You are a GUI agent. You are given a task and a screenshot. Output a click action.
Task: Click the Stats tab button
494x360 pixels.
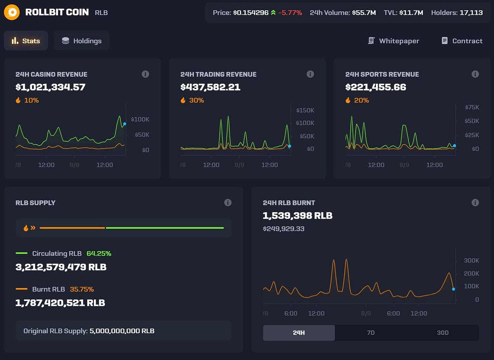26,41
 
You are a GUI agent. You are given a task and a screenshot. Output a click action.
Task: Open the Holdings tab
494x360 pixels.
82,41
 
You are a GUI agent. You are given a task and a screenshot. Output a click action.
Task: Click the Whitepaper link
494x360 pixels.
394,41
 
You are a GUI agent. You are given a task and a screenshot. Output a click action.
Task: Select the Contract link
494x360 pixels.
462,41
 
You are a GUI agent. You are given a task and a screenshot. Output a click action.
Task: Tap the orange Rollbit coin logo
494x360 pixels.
12,12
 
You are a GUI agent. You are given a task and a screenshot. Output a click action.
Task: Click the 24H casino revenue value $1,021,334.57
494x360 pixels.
50,87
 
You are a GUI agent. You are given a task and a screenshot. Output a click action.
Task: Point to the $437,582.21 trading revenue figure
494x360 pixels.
210,87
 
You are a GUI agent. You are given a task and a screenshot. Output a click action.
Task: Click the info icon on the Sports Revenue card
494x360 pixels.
475,74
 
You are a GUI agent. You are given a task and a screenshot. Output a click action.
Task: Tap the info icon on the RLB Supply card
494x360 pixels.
228,203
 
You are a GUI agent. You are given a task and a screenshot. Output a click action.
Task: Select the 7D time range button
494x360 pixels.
370,333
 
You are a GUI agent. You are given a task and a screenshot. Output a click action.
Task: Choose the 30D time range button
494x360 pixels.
443,333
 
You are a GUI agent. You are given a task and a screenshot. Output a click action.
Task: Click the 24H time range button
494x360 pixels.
299,333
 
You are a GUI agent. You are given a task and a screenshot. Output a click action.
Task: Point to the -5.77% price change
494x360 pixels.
290,13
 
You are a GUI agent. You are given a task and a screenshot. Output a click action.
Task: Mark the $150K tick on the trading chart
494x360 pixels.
305,110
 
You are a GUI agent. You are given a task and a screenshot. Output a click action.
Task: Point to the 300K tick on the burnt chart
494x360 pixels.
471,261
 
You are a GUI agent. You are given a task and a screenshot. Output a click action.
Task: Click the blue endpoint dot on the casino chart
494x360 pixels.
125,124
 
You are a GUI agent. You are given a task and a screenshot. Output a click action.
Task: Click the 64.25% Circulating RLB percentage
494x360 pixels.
99,253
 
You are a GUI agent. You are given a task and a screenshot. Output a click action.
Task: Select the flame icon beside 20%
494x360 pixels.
348,100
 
